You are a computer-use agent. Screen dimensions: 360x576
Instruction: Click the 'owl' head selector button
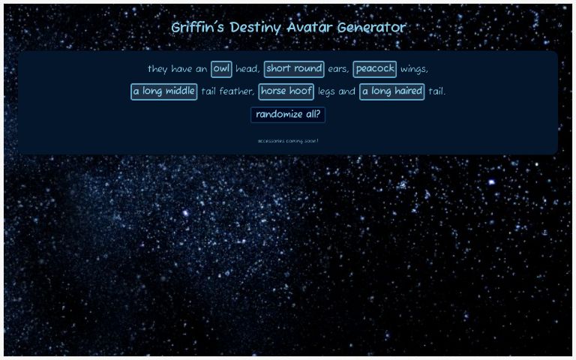pos(221,69)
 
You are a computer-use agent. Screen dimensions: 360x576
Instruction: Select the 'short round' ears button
pos(294,69)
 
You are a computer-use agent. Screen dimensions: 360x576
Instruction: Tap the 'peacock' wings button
pos(375,69)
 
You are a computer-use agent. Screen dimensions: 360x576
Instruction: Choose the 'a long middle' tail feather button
pos(164,91)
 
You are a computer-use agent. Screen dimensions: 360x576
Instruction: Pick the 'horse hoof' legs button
pos(286,91)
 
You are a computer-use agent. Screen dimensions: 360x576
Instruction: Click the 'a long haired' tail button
pos(392,91)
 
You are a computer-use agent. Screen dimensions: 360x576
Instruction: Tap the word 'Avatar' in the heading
pos(310,28)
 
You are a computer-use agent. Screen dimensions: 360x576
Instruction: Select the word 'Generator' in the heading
pos(371,28)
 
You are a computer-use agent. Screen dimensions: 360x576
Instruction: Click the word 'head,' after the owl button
pos(248,69)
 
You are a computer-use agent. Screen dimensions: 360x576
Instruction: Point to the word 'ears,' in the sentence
pos(339,69)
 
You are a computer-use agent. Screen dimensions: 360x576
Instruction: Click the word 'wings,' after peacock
pos(415,69)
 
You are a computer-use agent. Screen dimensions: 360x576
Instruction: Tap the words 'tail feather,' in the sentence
pos(228,91)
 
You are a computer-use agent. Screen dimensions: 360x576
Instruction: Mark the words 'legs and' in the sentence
pos(337,91)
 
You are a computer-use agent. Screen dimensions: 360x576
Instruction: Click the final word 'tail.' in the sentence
pos(436,91)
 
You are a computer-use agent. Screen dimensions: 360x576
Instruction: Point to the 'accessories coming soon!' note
pos(288,140)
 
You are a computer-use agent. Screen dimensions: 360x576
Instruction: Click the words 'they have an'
pos(178,69)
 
